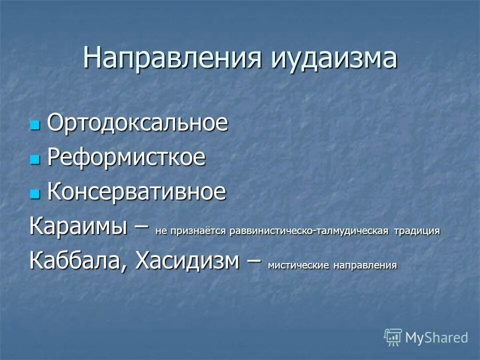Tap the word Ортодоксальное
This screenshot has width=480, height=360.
tap(137, 123)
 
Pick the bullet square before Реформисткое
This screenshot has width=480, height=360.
tap(34, 159)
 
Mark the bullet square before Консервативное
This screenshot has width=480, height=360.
tap(34, 193)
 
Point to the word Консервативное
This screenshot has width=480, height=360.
tap(136, 192)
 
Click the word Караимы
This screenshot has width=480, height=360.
tap(82, 226)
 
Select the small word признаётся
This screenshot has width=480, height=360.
tap(193, 231)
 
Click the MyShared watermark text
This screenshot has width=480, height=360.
tap(436, 337)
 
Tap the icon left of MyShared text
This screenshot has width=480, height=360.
tap(393, 337)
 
